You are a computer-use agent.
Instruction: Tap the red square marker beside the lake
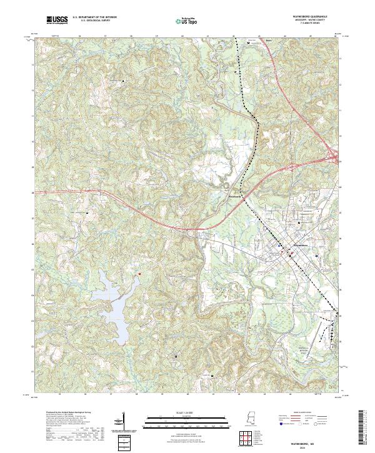[140, 273]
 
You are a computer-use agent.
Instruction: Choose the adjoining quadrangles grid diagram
[247, 438]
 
